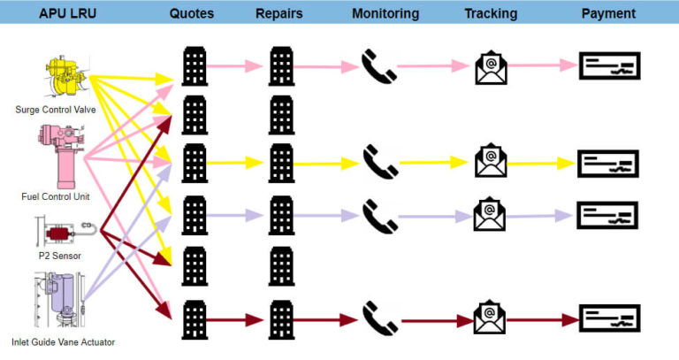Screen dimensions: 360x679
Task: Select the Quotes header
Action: pos(191,13)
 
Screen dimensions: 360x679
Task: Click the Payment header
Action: pos(608,13)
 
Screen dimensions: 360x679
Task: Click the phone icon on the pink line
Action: pos(378,65)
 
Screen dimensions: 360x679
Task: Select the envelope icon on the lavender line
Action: pos(490,213)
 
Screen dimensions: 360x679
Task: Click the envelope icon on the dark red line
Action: pos(489,316)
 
